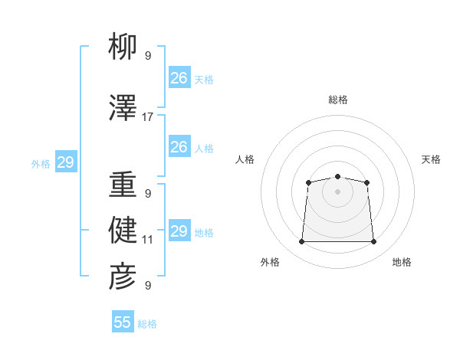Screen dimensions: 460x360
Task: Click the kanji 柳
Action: point(123,46)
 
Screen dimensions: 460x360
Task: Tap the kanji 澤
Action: point(123,107)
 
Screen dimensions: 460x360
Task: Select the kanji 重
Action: point(123,184)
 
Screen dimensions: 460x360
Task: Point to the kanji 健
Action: point(123,230)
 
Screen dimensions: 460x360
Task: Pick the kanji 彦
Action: point(123,277)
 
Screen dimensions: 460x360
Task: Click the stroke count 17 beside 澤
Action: point(147,117)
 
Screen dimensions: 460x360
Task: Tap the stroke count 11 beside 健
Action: point(147,240)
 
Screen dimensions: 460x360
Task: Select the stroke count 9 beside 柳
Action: point(148,56)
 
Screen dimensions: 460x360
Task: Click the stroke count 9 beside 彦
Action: point(148,285)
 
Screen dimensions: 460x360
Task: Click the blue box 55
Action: point(123,321)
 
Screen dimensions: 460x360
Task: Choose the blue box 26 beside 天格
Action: point(179,77)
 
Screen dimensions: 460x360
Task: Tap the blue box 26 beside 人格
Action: point(179,146)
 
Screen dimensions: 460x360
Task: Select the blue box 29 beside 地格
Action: point(179,230)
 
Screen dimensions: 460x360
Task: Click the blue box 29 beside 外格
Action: point(66,162)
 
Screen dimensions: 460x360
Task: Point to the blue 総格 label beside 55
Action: point(147,324)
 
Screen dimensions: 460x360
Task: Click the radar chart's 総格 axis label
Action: point(338,100)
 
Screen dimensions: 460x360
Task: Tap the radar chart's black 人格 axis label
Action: point(245,159)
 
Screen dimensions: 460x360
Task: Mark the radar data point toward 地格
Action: point(373,241)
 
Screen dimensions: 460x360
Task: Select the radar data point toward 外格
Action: point(301,241)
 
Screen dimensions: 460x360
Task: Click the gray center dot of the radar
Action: point(337,191)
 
